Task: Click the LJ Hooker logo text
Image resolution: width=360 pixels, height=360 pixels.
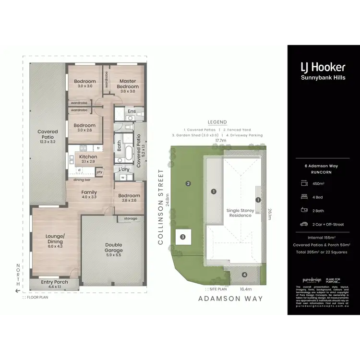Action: click(x=323, y=67)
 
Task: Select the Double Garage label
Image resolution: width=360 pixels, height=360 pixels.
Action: click(x=114, y=247)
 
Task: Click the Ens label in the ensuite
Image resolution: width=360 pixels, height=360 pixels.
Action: click(x=132, y=112)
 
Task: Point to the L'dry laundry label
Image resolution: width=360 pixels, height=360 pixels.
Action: click(x=124, y=169)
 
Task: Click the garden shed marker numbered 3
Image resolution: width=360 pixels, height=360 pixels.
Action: click(x=182, y=236)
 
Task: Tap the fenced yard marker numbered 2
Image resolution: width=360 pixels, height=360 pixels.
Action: click(x=189, y=183)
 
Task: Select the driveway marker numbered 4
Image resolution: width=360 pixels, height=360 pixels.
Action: click(x=244, y=275)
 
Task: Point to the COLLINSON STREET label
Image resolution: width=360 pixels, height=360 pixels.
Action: click(x=161, y=206)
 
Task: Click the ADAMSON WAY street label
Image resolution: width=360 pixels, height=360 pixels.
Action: click(x=230, y=299)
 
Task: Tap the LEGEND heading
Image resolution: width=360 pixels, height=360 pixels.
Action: click(x=217, y=122)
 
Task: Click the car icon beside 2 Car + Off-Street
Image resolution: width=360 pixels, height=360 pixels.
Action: click(x=304, y=224)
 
